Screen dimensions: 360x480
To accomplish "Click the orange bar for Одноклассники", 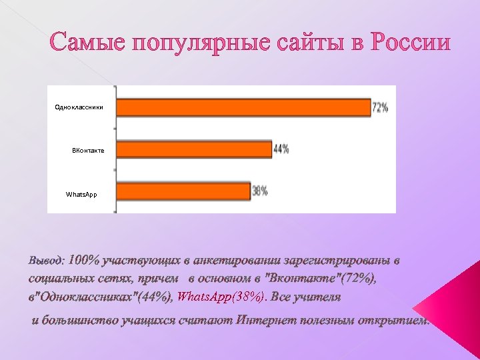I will pyautogui.click(x=243, y=107).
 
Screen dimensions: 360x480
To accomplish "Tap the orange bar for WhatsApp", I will pyautogui.click(x=184, y=191).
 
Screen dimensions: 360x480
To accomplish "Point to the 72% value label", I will pyautogui.click(x=381, y=107).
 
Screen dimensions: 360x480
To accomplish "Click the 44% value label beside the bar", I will pyautogui.click(x=281, y=149).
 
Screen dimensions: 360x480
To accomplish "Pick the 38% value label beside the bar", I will pyautogui.click(x=260, y=191).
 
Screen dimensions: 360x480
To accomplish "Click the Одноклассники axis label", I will pyautogui.click(x=79, y=107).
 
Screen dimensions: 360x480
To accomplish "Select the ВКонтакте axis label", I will pyautogui.click(x=88, y=151).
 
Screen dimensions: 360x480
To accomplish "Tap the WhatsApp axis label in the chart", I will pyautogui.click(x=81, y=194).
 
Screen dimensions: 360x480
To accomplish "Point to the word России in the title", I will pyautogui.click(x=411, y=44).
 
